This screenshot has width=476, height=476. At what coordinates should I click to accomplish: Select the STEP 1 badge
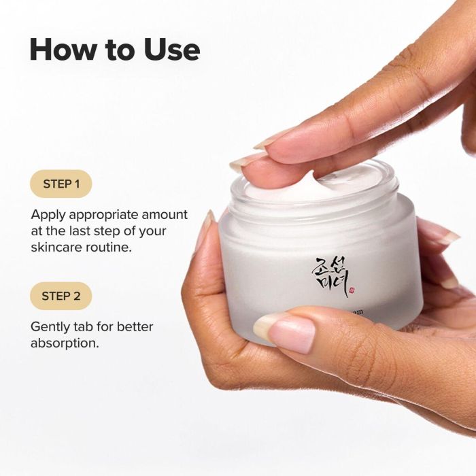pos(61,184)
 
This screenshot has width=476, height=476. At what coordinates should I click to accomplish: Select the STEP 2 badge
pos(61,296)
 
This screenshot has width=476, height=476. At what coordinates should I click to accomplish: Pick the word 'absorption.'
pos(65,343)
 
